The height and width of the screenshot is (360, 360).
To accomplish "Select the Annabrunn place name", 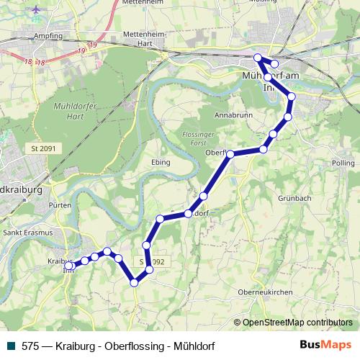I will [232, 114].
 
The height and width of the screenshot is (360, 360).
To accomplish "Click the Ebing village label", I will [161, 162].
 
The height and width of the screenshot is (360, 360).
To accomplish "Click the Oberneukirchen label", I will [266, 292].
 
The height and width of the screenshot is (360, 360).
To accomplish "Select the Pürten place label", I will [60, 205].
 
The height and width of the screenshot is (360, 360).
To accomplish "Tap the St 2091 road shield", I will [43, 149].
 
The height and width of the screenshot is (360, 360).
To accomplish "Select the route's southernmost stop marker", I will [134, 283].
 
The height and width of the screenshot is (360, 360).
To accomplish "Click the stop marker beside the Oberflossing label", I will [230, 154].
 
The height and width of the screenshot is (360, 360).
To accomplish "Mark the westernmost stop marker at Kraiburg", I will [68, 266].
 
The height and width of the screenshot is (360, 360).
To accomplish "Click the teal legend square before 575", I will [12, 346].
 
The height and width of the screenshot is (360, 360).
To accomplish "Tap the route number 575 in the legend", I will [31, 346].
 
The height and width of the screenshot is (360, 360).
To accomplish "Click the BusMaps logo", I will [325, 346].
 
